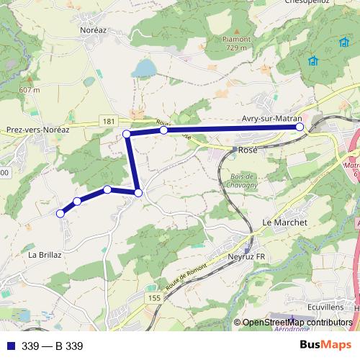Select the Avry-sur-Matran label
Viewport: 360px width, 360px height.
tap(269, 119)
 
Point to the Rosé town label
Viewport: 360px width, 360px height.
tap(247, 150)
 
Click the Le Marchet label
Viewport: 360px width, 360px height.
tap(285, 222)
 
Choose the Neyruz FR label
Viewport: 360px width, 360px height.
tap(246, 256)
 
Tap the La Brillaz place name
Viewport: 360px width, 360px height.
tap(45, 255)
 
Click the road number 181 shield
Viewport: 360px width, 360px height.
tap(107, 122)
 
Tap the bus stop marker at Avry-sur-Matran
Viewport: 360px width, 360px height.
tap(300, 127)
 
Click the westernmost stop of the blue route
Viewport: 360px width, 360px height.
tap(60, 213)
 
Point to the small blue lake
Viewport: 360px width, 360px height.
tap(144, 68)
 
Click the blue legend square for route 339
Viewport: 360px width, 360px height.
tap(10, 346)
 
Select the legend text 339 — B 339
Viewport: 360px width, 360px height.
tap(53, 346)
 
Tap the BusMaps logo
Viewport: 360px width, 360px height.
tap(325, 346)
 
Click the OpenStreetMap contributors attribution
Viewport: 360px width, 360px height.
tap(297, 323)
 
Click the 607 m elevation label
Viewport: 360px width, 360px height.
tap(29, 89)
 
